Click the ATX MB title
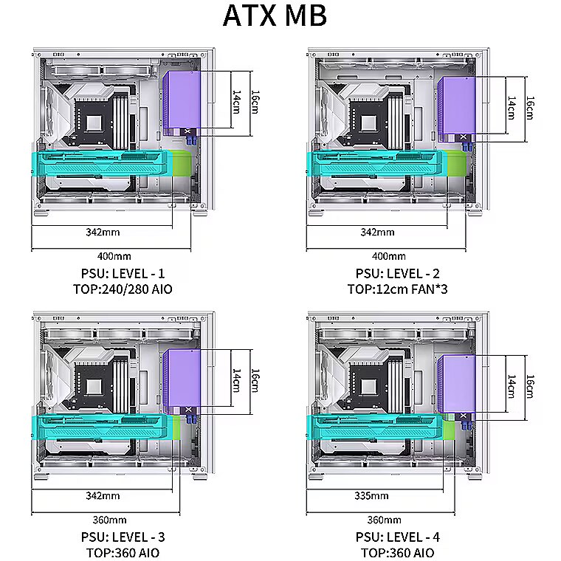tap(275, 16)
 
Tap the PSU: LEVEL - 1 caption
tap(123, 274)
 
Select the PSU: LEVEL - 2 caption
tap(397, 274)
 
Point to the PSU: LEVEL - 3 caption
tap(123, 537)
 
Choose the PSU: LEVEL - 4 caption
tap(397, 537)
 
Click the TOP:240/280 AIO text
tap(123, 289)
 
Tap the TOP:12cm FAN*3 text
tap(397, 289)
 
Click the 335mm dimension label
tap(371, 496)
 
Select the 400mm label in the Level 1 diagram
tap(114, 256)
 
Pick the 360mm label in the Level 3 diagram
tap(109, 520)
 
